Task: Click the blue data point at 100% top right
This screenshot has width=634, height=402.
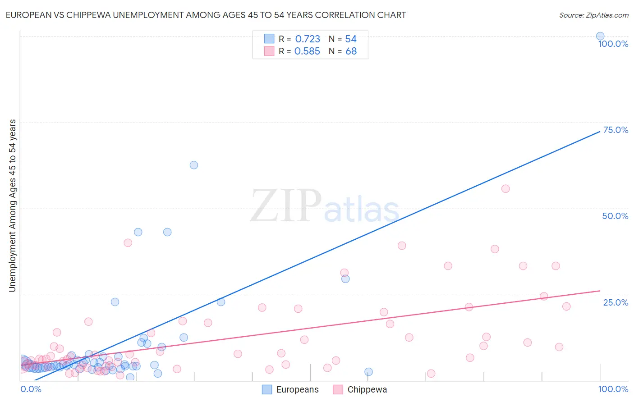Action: pos(600,36)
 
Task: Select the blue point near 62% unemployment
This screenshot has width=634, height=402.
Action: pos(194,165)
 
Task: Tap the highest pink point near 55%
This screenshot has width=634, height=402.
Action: pos(505,189)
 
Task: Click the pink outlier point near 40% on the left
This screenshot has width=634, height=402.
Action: pos(128,243)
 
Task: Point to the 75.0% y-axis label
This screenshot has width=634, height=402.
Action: pos(616,130)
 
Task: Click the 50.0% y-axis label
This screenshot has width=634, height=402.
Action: pos(615,216)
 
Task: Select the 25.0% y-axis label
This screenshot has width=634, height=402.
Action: pos(616,302)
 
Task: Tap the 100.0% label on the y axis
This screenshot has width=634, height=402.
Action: pos(613,44)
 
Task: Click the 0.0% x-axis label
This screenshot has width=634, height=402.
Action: pos(31,389)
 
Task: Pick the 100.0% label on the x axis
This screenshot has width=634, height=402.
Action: pos(613,389)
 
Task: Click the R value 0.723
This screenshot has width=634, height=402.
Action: pos(307,39)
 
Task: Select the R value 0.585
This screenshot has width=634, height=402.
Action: pos(307,51)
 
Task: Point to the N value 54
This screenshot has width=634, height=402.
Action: pos(351,39)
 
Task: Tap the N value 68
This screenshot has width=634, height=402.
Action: pos(351,51)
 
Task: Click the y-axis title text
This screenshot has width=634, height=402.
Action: pos(13,205)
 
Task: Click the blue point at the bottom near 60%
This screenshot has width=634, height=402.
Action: pos(368,372)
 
